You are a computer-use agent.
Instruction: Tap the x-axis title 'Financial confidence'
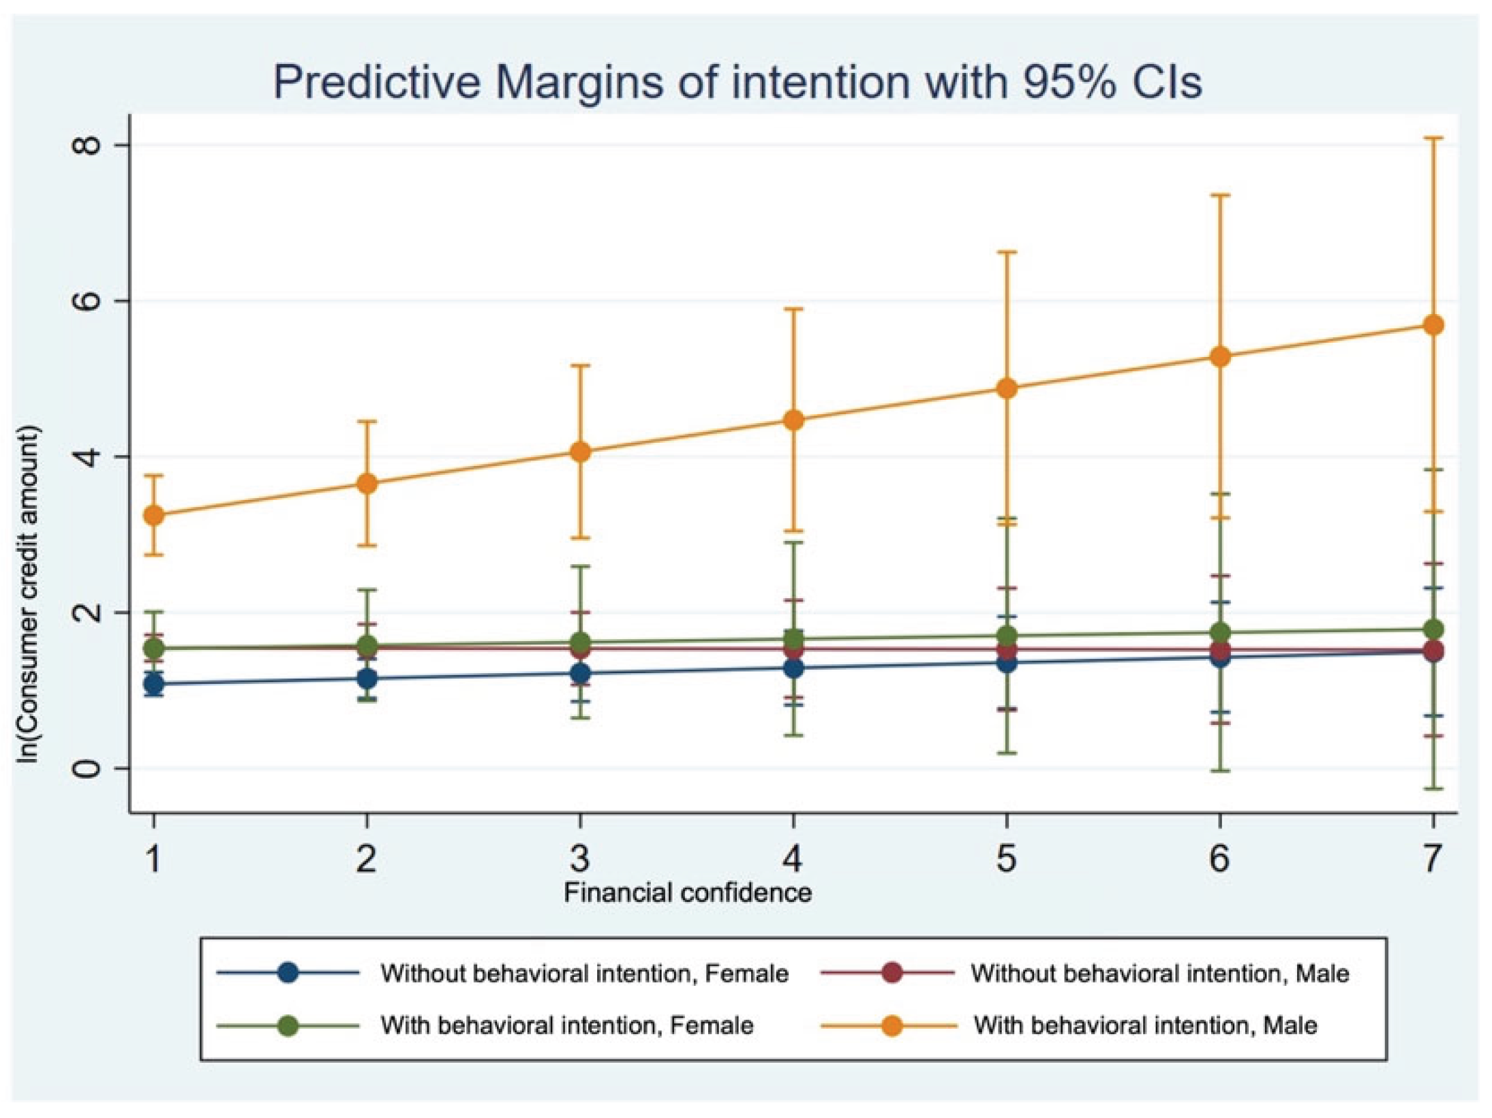[688, 892]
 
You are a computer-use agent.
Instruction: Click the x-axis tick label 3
[580, 858]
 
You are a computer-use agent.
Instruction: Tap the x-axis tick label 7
[1433, 858]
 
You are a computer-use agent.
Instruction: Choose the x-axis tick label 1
[154, 858]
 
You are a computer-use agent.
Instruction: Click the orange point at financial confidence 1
[154, 515]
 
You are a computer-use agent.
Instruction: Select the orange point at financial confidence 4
[793, 420]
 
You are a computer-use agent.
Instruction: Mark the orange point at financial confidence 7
[1433, 325]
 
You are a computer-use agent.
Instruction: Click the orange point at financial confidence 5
[1007, 389]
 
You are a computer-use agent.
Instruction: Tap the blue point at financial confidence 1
[154, 683]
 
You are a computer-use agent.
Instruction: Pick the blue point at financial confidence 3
[580, 674]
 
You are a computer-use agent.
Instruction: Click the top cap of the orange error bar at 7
[1433, 138]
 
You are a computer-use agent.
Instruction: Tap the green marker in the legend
[288, 1026]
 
